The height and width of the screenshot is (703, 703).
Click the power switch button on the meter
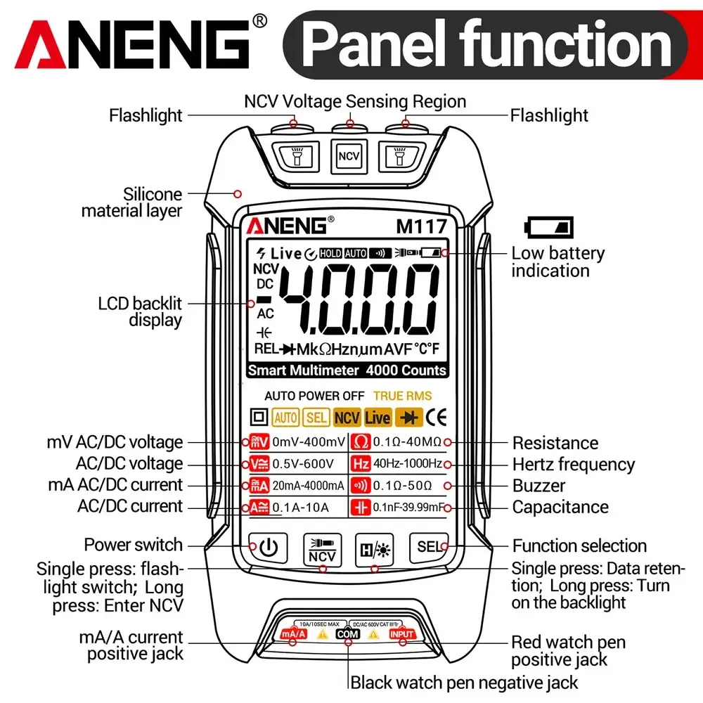tap(268, 548)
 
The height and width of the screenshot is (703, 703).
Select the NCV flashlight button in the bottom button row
tap(323, 550)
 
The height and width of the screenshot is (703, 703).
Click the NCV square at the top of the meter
tap(349, 156)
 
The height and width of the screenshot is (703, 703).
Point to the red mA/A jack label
tap(294, 634)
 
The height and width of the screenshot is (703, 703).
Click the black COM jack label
tap(348, 634)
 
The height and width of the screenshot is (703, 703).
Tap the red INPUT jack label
tap(401, 634)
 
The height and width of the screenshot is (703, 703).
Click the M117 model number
tap(421, 227)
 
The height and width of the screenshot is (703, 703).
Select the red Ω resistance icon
tap(361, 442)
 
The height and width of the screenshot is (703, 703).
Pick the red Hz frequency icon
tap(361, 463)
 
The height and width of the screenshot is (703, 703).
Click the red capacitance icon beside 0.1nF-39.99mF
tap(361, 507)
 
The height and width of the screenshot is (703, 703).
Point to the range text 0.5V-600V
tap(303, 464)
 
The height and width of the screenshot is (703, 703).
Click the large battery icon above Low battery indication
tap(549, 227)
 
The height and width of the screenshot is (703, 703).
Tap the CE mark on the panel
tap(436, 418)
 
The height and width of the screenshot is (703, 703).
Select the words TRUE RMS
tap(403, 396)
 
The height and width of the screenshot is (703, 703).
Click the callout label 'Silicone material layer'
tap(132, 202)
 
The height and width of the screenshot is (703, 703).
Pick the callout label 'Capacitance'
tap(560, 507)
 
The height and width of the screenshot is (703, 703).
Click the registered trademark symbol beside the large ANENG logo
tap(259, 20)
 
